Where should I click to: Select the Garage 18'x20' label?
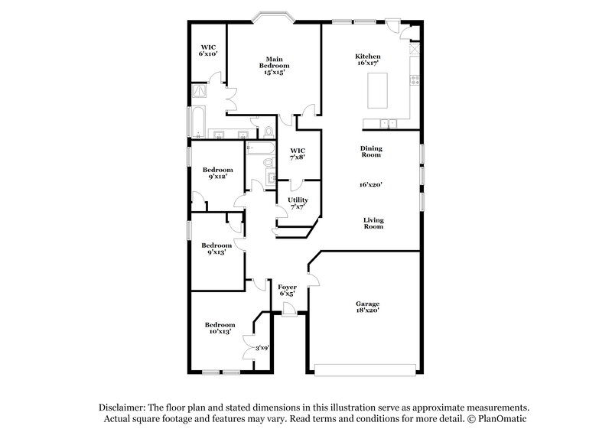366,308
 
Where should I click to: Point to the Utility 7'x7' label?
298,203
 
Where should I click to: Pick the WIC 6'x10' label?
208,50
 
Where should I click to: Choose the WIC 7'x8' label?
298,154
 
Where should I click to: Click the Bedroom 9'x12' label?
216,174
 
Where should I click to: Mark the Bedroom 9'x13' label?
216,249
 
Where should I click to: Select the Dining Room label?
372,151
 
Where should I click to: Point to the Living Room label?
373,223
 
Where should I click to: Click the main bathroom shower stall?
200,91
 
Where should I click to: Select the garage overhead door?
365,372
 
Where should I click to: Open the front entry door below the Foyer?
288,309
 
